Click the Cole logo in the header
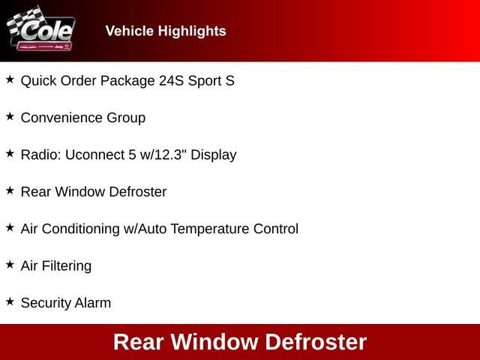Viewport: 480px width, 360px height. point(41,31)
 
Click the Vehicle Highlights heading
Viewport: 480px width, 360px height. point(166,31)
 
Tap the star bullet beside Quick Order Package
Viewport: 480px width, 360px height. point(10,79)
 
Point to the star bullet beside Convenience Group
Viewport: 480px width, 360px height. point(10,116)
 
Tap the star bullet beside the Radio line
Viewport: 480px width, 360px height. point(10,153)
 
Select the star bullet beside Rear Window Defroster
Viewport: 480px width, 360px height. point(10,190)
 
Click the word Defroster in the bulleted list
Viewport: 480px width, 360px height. point(138,191)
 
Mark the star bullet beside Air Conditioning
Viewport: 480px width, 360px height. point(10,226)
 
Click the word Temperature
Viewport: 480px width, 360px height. point(214,229)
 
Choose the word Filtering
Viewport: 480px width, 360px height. point(66,265)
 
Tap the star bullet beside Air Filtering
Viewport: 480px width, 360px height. point(10,264)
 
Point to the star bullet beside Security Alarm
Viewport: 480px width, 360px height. point(10,301)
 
